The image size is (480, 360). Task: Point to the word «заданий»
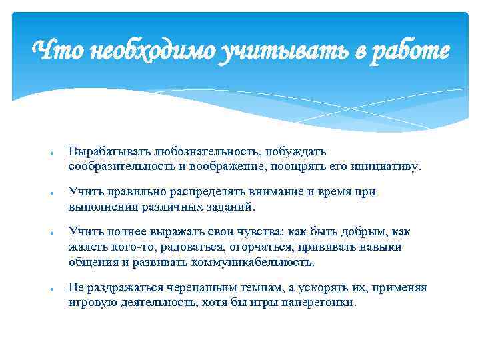tap(231, 206)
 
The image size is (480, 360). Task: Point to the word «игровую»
tap(91, 302)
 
